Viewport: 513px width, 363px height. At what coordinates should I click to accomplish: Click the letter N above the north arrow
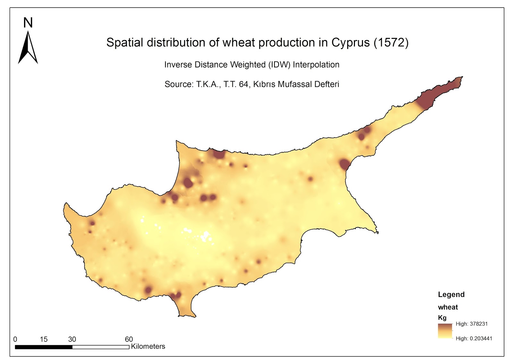pos(28,23)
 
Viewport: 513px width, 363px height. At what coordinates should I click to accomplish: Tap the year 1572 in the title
pos(391,43)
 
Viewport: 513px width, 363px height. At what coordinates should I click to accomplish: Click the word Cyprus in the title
pos(350,43)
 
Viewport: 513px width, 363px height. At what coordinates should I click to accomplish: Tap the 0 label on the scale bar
pos(15,339)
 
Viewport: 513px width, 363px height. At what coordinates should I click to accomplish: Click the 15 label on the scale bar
pos(44,339)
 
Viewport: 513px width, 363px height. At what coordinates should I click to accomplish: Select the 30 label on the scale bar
pos(72,339)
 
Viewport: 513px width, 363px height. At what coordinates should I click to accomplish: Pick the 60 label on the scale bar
pos(129,339)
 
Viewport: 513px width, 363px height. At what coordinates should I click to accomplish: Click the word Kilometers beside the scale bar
pos(148,347)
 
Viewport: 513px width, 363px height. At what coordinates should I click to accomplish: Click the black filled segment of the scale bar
pos(44,347)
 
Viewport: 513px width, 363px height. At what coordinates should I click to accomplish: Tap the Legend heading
pos(451,295)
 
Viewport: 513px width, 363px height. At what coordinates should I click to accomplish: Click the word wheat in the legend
pos(448,307)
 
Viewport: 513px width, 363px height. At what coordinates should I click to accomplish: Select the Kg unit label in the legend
pos(442,318)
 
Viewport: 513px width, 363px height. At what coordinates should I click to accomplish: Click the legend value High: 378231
pos(472,324)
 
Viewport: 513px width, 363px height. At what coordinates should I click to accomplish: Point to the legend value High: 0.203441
pos(474,339)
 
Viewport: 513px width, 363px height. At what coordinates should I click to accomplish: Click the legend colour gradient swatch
pos(445,331)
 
